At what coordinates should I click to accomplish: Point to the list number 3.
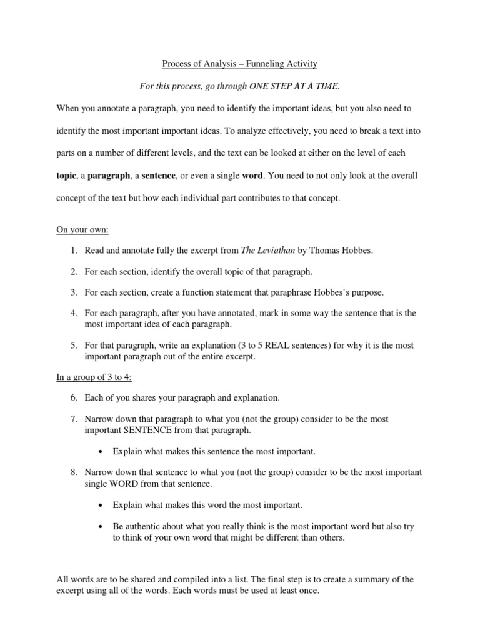[x=73, y=292]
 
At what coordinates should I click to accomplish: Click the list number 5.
[x=73, y=345]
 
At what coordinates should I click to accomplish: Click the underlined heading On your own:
[x=82, y=230]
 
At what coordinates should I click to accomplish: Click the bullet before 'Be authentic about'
[x=101, y=527]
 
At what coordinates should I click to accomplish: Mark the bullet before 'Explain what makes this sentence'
[x=101, y=451]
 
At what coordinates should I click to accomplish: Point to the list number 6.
[x=73, y=397]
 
